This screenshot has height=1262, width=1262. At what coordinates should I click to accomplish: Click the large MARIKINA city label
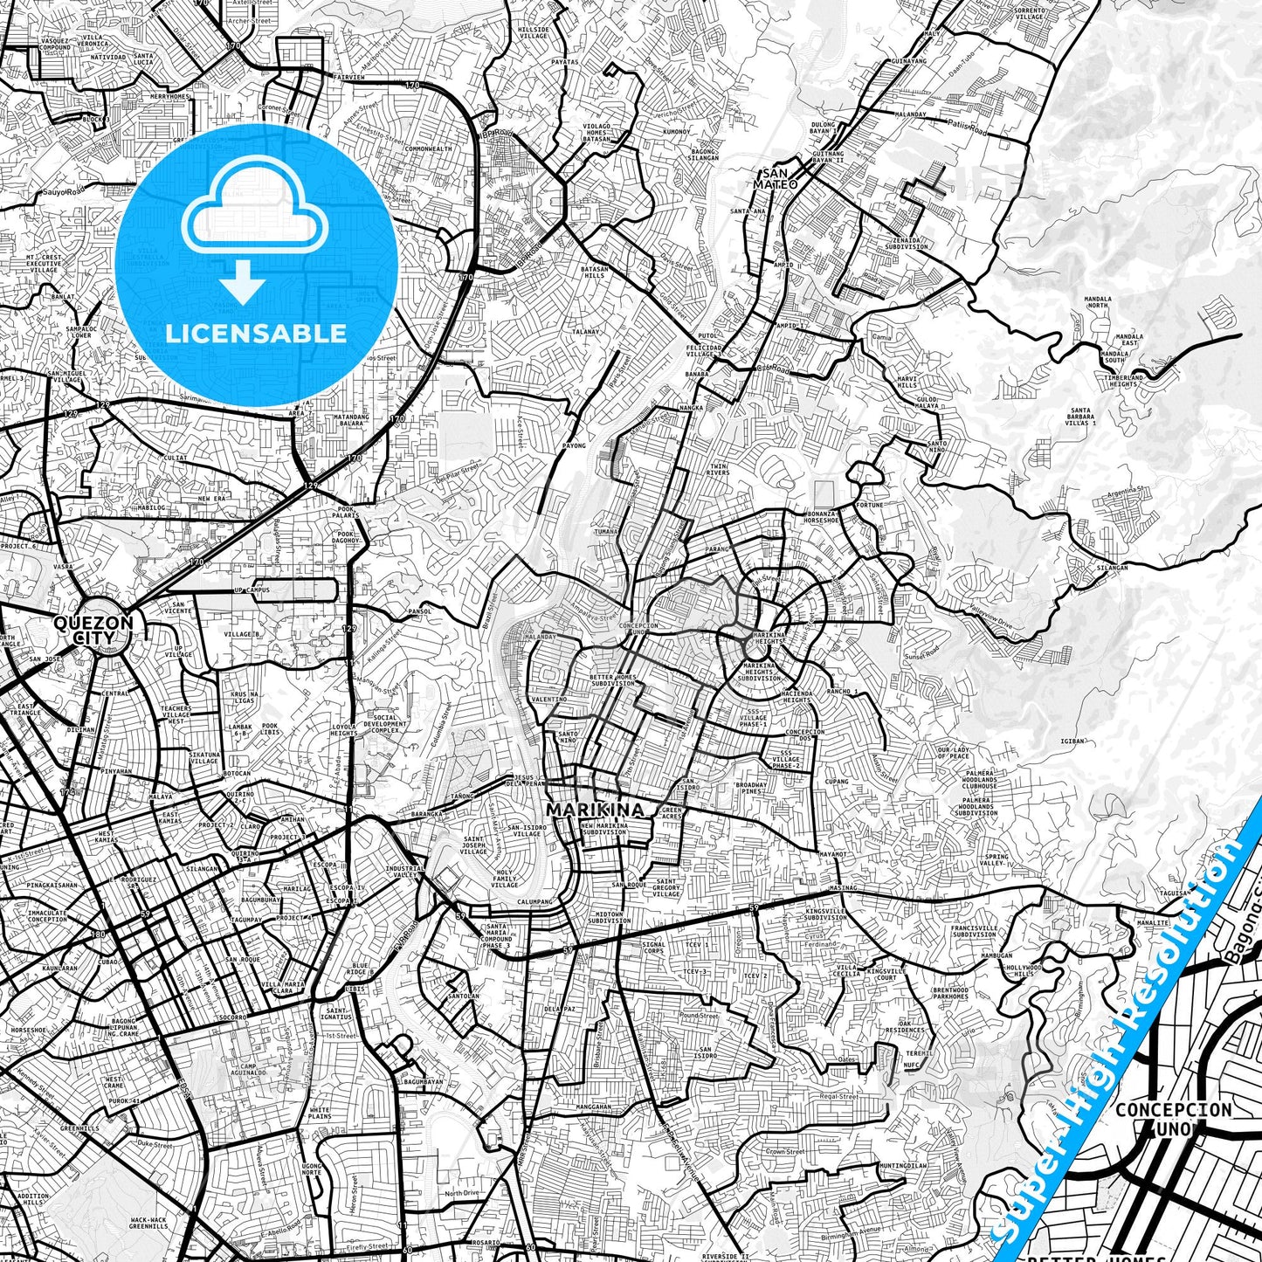[x=596, y=810]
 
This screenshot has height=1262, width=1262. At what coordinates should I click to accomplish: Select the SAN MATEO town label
[x=776, y=179]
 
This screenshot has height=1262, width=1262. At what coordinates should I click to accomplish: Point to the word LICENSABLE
[x=256, y=333]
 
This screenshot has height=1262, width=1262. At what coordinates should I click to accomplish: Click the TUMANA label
[x=605, y=531]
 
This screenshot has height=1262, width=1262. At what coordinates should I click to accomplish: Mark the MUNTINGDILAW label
[x=903, y=1165]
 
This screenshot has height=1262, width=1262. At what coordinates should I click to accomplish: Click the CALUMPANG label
[x=536, y=901]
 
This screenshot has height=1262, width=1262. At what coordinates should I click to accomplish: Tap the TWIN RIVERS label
[x=719, y=470]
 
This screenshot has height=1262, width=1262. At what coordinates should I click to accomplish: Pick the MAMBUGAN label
[x=996, y=955]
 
